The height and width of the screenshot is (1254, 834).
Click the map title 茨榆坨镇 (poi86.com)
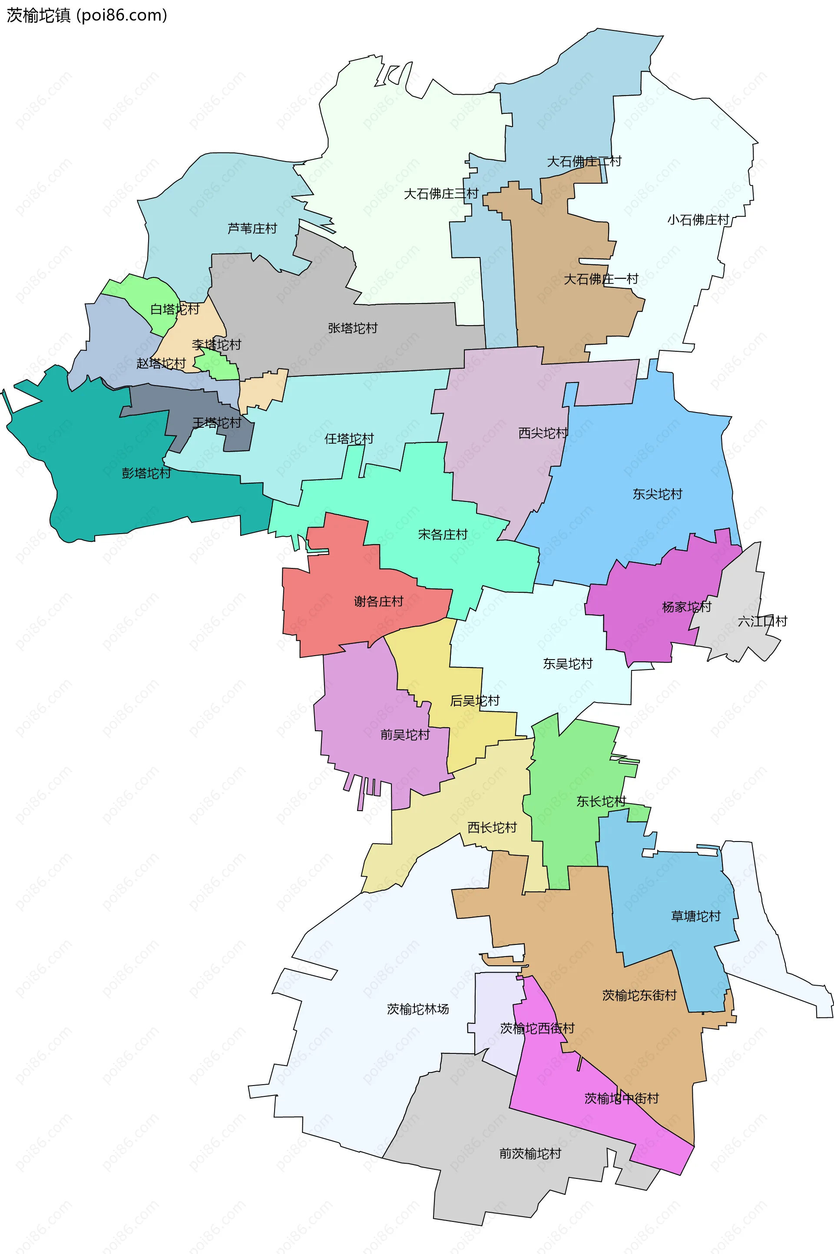[x=87, y=16]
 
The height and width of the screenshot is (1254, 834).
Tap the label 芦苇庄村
[x=252, y=228]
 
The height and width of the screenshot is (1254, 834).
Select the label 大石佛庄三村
[x=441, y=194]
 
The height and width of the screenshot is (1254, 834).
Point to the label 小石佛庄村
[x=698, y=220]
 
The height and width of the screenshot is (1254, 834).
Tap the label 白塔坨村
[x=175, y=310]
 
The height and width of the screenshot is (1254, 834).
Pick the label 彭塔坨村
[x=146, y=473]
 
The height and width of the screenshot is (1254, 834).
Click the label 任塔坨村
[x=349, y=439]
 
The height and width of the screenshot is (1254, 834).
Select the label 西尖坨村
[x=543, y=433]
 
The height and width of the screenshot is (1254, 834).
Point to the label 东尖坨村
[x=657, y=495]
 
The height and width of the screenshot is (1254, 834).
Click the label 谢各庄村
[x=379, y=602]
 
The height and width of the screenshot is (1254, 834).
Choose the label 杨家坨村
[x=686, y=607]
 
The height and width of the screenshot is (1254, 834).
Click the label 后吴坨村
[x=474, y=701]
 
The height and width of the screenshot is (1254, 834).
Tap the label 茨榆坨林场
[x=417, y=1010]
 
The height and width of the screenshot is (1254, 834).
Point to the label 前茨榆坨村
[x=530, y=1154]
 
